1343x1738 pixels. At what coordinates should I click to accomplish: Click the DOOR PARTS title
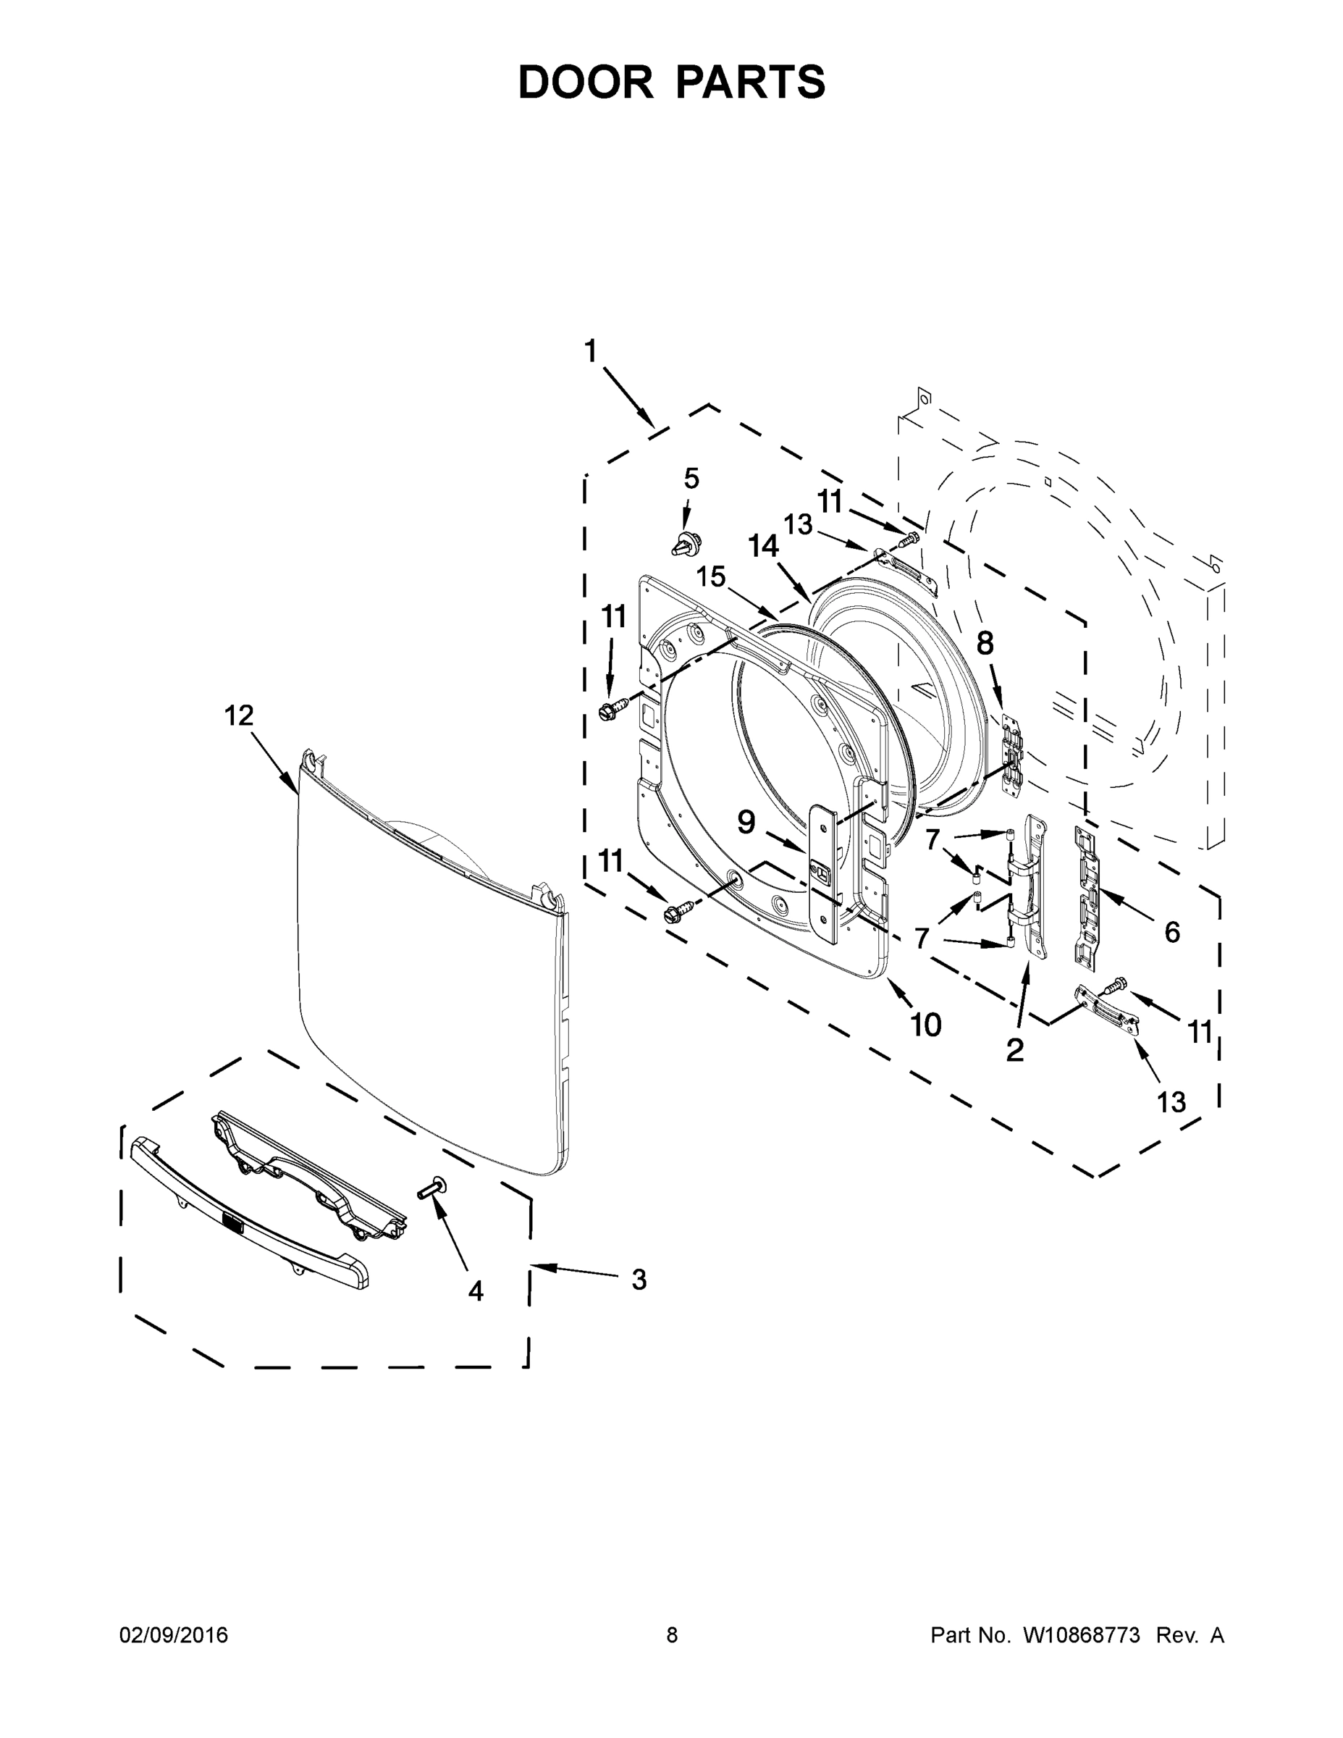tap(672, 82)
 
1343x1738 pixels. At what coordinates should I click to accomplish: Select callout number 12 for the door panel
tap(239, 715)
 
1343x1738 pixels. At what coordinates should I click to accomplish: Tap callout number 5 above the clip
tap(691, 479)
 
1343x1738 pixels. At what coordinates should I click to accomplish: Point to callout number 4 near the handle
tap(476, 1290)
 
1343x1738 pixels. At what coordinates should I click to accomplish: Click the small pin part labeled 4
tap(434, 1188)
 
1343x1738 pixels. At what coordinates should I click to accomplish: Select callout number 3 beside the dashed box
tap(639, 1280)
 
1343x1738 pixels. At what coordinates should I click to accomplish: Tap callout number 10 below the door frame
tap(925, 1025)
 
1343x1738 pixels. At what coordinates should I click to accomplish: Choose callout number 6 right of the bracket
tap(1172, 932)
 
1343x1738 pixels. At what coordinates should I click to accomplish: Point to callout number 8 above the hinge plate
tap(985, 643)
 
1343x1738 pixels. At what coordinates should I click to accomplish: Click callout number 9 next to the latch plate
tap(746, 822)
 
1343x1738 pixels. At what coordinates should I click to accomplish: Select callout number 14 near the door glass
tap(763, 546)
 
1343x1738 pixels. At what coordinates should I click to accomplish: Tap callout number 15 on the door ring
tap(711, 576)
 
